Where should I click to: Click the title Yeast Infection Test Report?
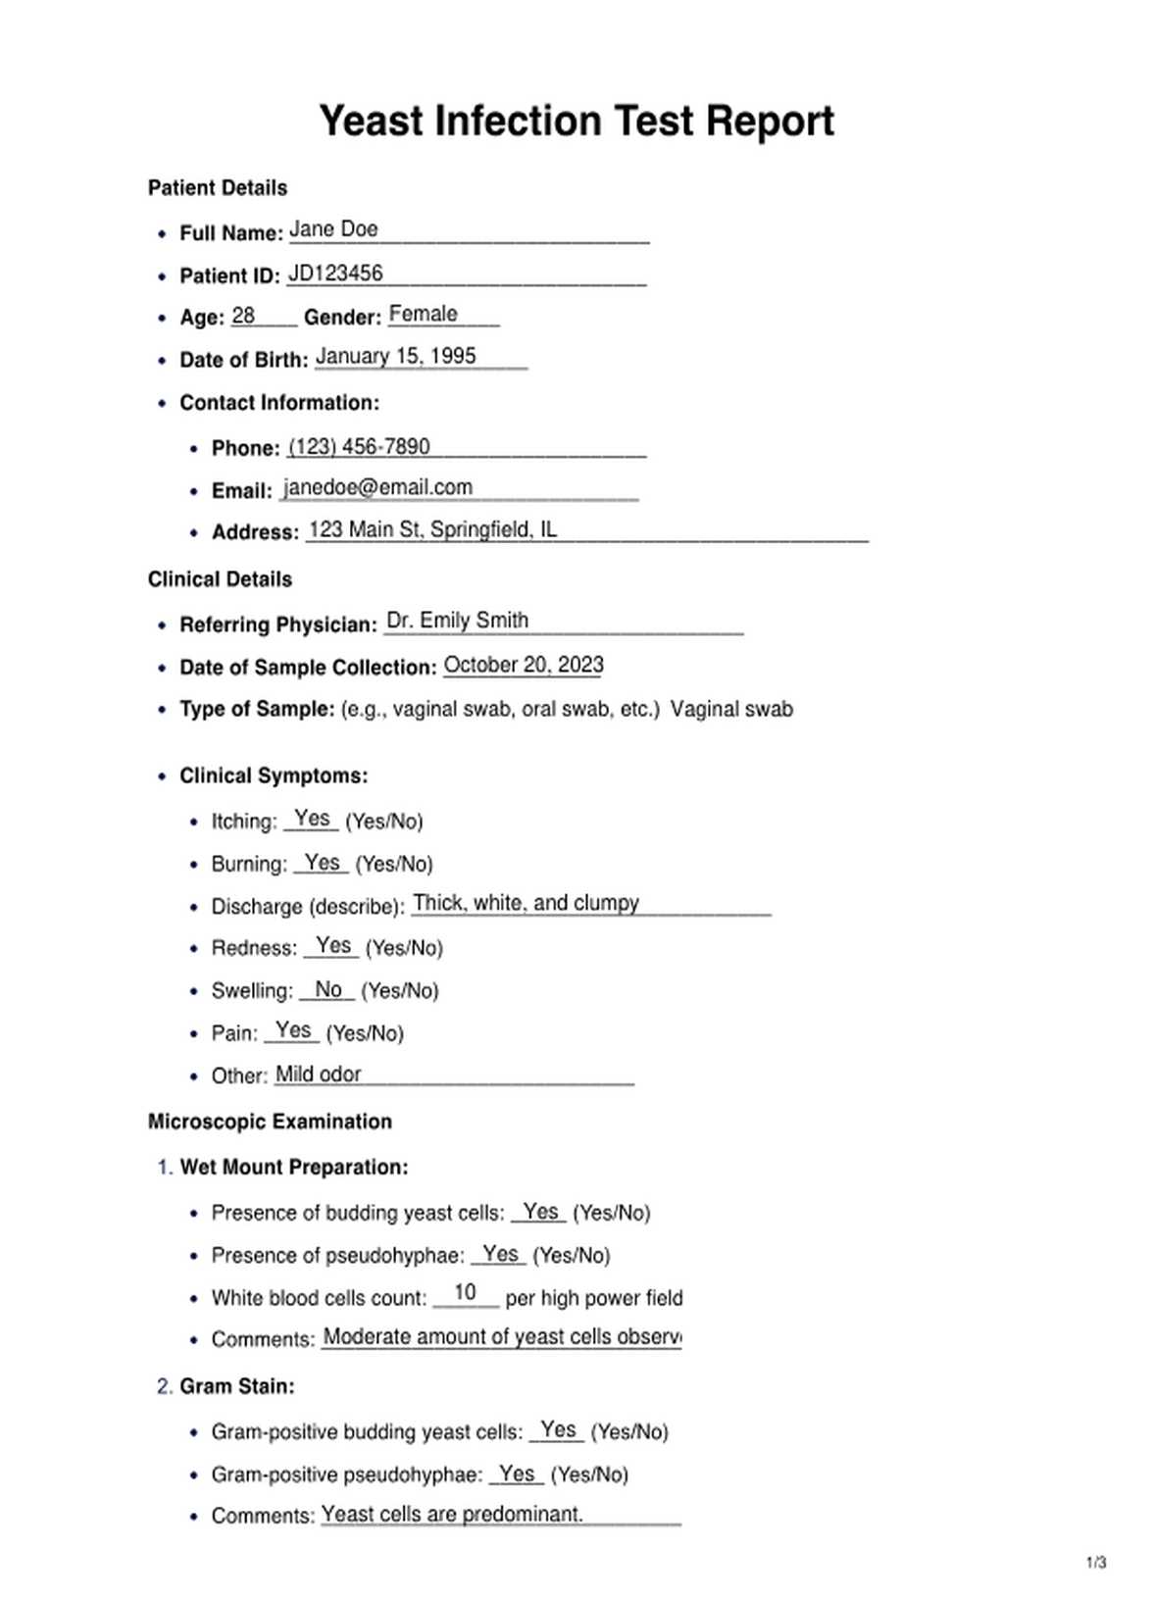[x=576, y=122]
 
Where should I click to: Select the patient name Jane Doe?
[x=333, y=229]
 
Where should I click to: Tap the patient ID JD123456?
[x=335, y=274]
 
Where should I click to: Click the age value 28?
[x=243, y=316]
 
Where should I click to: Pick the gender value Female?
[x=423, y=315]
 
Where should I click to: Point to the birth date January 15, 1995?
[x=395, y=356]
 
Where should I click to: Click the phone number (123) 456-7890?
[x=359, y=447]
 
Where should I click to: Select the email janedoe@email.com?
[x=377, y=487]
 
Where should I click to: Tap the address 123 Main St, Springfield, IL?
[x=432, y=529]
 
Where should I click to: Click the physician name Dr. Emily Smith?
[x=457, y=621]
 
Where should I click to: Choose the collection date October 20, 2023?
[x=524, y=665]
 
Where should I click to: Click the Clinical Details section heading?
[x=220, y=579]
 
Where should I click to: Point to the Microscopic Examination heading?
[x=270, y=1122]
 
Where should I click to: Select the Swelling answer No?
[x=328, y=989]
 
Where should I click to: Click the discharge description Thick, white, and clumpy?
[x=526, y=903]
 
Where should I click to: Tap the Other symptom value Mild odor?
[x=318, y=1074]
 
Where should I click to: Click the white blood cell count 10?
[x=465, y=1293]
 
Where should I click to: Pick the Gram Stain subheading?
[x=236, y=1386]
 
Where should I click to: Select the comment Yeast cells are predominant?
[x=452, y=1515]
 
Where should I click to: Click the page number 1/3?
[x=1096, y=1563]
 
